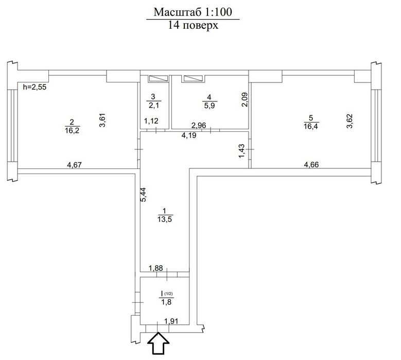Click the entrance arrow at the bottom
[159, 343]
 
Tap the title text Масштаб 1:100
[193, 12]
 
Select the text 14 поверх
[193, 25]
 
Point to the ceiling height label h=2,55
[34, 87]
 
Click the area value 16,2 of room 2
[73, 131]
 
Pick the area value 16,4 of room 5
[311, 126]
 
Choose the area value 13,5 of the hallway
[165, 219]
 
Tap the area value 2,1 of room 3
[154, 105]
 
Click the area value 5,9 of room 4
[209, 106]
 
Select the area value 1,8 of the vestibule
[166, 302]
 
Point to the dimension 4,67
[74, 165]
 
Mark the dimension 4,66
[311, 164]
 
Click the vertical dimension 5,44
[144, 195]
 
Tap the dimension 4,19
[189, 135]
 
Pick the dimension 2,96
[199, 125]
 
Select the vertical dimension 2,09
[245, 99]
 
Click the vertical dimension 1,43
[241, 151]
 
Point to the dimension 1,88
[156, 268]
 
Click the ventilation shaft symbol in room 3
[159, 79]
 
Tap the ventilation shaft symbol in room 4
[193, 79]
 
